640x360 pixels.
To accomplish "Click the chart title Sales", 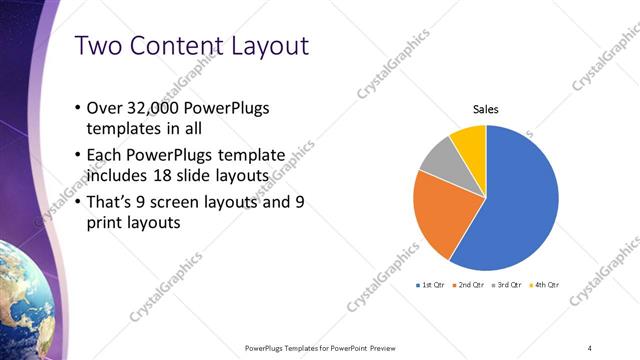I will point(486,110).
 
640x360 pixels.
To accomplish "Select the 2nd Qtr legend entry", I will point(469,285).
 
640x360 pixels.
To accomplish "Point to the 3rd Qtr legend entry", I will point(506,285).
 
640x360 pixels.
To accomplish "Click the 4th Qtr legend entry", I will point(543,285).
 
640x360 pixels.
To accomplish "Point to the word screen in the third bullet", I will point(199,202).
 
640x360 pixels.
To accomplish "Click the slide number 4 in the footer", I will point(590,347).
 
